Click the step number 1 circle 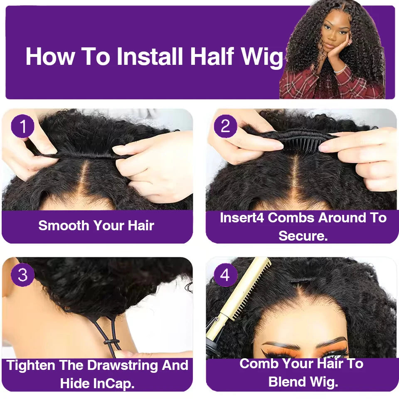[23, 126]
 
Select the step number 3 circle [23, 275]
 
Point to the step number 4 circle [225, 275]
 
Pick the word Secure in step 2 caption [303, 236]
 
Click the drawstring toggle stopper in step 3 [110, 342]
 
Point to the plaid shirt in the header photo [299, 85]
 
